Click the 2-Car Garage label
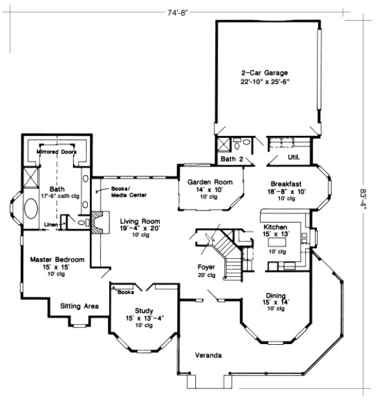[x=266, y=72]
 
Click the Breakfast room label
[x=286, y=183]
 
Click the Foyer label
[x=206, y=267]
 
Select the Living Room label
[x=140, y=221]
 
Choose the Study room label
[x=144, y=310]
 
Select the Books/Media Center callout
[x=129, y=191]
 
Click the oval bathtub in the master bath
[x=29, y=209]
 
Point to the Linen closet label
[x=52, y=225]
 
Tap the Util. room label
[x=293, y=158]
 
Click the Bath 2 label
[x=232, y=159]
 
